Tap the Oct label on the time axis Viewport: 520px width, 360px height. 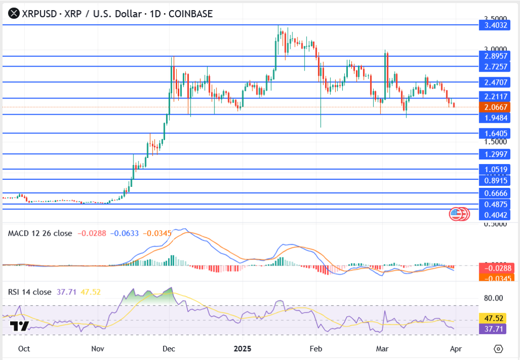pyautogui.click(x=23, y=349)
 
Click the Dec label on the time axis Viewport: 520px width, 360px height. pyautogui.click(x=169, y=349)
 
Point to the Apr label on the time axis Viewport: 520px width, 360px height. pyautogui.click(x=456, y=349)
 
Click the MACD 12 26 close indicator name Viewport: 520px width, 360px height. pyautogui.click(x=40, y=233)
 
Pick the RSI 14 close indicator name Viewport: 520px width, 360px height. pyautogui.click(x=30, y=292)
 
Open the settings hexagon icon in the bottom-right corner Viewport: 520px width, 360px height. pyautogui.click(x=498, y=349)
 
